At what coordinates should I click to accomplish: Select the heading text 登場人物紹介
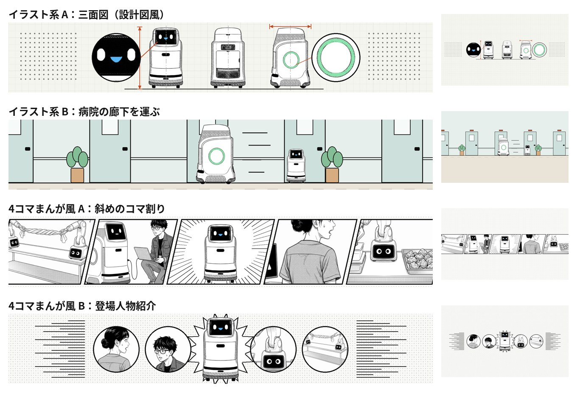(x=126, y=306)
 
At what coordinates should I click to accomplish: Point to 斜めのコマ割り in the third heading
(x=129, y=209)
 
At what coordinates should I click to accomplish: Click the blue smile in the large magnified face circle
(x=116, y=60)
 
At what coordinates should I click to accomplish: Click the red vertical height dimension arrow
(x=140, y=58)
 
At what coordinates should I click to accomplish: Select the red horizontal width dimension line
(x=290, y=26)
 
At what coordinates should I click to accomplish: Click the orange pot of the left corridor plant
(x=77, y=175)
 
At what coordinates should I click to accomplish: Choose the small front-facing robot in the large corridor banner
(x=296, y=165)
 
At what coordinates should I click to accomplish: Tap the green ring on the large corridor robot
(x=216, y=156)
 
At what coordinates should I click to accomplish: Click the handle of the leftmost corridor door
(x=28, y=149)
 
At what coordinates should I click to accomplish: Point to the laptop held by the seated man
(x=143, y=254)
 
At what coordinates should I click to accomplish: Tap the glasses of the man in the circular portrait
(x=160, y=351)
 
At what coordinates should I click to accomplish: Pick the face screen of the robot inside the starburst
(x=220, y=327)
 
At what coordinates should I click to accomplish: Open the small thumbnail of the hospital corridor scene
(x=504, y=147)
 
